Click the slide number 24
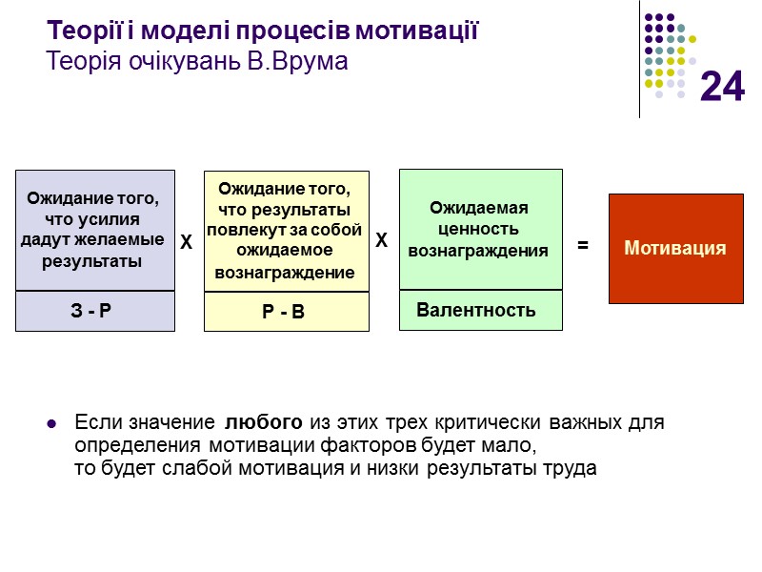coord(722,88)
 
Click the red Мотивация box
coord(675,249)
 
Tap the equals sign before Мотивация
coord(583,246)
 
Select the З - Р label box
coord(95,312)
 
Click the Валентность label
coord(476,310)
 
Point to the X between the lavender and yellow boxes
coord(187,245)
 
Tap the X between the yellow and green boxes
coord(381,243)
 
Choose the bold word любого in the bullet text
coord(265,422)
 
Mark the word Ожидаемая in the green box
coord(478,208)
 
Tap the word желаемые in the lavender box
coord(128,240)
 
